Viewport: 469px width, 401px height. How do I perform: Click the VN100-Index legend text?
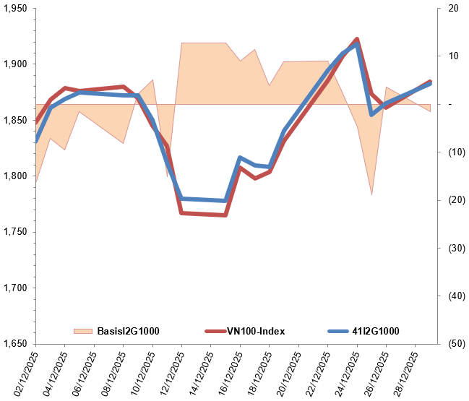[256, 332]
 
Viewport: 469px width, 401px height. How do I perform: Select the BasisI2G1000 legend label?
[128, 332]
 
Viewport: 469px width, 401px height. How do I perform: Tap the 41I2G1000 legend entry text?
[375, 332]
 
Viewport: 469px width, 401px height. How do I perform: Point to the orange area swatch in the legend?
[83, 332]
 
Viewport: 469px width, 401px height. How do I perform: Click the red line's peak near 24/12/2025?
[357, 39]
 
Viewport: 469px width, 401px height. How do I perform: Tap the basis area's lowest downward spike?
[371, 194]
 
